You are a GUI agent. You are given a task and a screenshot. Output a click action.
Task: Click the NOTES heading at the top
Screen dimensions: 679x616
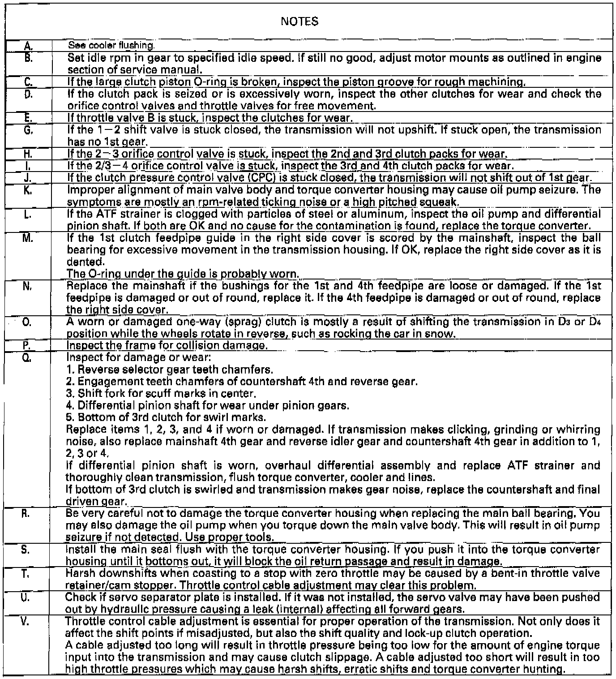click(300, 21)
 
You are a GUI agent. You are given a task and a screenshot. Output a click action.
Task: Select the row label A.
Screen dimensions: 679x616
click(28, 45)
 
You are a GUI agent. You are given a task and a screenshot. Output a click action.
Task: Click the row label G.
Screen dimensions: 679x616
click(28, 130)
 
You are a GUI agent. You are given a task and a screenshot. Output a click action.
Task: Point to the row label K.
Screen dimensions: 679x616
click(28, 189)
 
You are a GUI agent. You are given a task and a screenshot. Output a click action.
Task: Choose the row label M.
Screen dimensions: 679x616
click(28, 238)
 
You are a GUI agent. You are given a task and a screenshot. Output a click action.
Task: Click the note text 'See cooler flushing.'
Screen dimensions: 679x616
click(111, 45)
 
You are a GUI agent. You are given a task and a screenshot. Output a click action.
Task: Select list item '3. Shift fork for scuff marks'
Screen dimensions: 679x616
click(161, 394)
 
